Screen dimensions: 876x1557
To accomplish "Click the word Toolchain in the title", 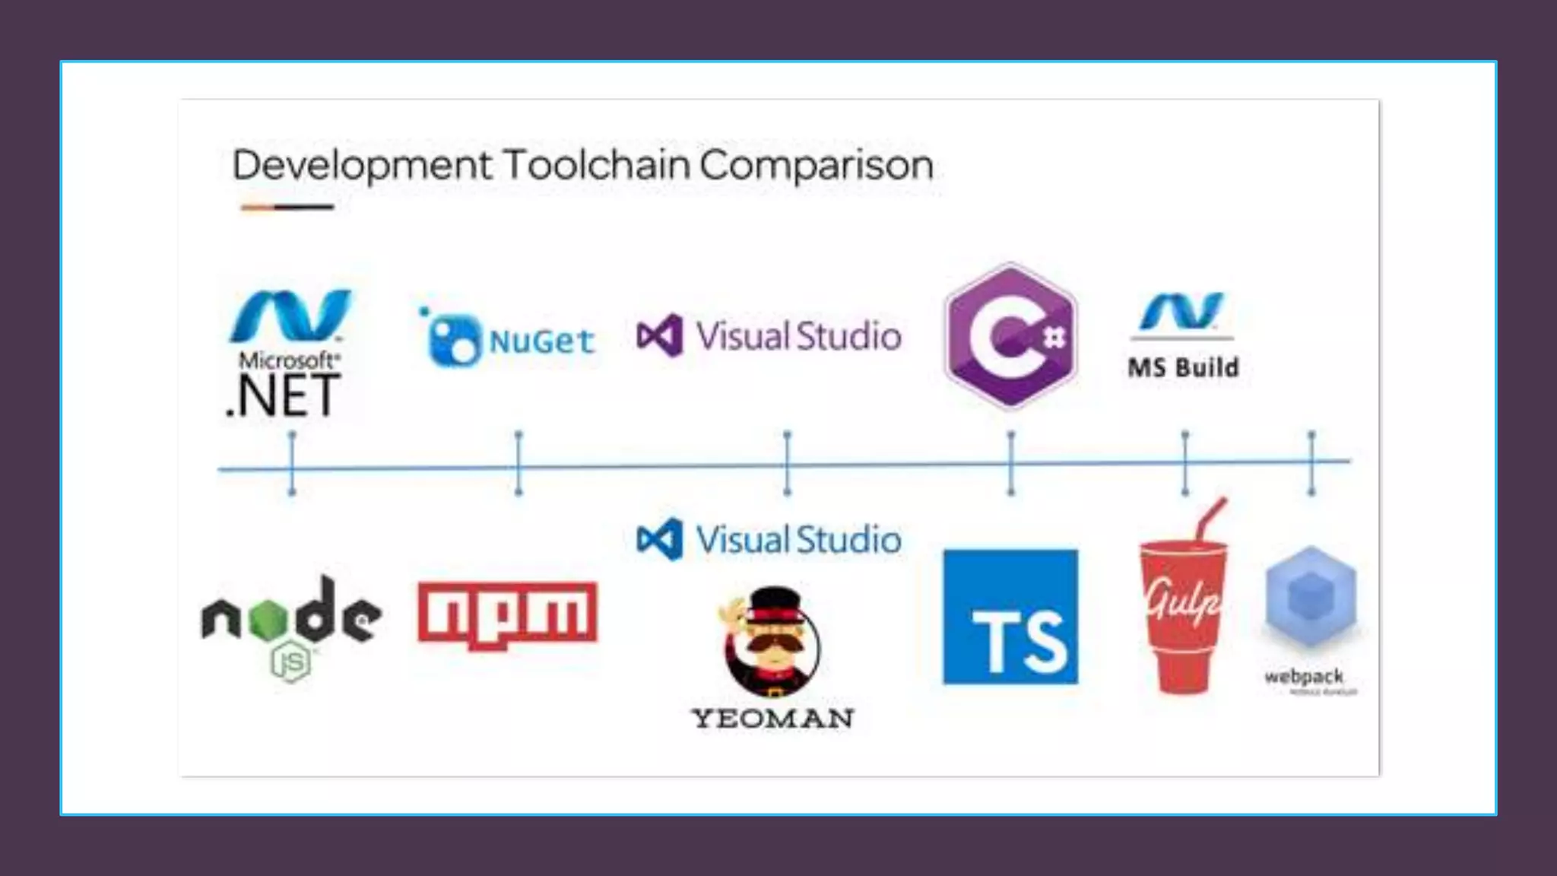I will pyautogui.click(x=597, y=165).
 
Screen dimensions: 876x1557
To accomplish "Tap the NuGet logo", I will pyautogui.click(x=507, y=339).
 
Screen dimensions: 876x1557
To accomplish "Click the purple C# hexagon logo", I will pyautogui.click(x=1010, y=336).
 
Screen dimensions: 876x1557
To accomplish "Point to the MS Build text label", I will pyautogui.click(x=1183, y=368).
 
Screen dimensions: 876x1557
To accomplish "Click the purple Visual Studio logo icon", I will pyautogui.click(x=660, y=335).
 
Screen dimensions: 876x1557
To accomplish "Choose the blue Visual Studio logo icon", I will pyautogui.click(x=660, y=539).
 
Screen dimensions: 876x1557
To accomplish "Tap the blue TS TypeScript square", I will pyautogui.click(x=1010, y=617).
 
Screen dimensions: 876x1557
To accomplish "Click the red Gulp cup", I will pyautogui.click(x=1183, y=616).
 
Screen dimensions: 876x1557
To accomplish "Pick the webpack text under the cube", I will pyautogui.click(x=1304, y=676).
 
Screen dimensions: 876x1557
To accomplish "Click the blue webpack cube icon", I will pyautogui.click(x=1310, y=597).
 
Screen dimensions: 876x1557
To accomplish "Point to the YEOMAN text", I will pyautogui.click(x=772, y=719).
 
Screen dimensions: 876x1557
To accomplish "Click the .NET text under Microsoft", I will pyautogui.click(x=284, y=395).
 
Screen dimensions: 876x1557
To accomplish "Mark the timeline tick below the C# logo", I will pyautogui.click(x=1010, y=463).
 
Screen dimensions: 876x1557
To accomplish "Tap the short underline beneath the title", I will pyautogui.click(x=287, y=207).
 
